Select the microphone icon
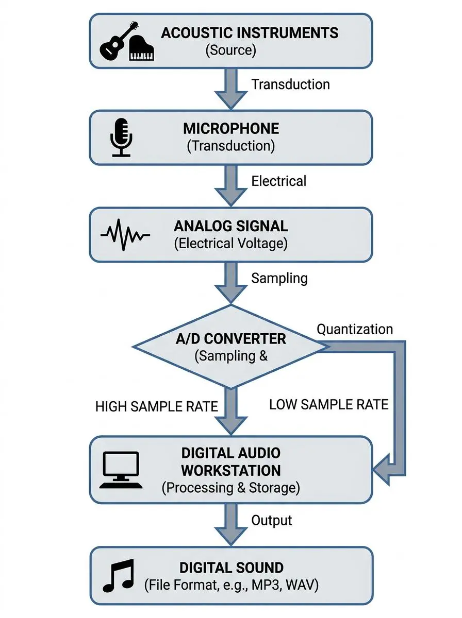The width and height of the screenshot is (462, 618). [122, 137]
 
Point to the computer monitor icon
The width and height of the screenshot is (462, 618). [121, 469]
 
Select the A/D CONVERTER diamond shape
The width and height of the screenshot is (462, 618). [230, 347]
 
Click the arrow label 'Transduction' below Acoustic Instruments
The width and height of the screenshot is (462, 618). [290, 84]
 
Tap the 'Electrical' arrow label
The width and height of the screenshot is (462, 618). [278, 181]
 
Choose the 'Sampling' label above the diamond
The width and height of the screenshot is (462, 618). [279, 278]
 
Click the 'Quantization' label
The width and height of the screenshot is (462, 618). [354, 329]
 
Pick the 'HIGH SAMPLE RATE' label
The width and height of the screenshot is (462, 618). [157, 406]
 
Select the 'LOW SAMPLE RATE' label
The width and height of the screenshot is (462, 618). [328, 405]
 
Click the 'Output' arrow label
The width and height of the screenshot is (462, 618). [271, 520]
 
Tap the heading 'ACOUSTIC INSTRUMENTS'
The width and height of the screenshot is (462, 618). [250, 33]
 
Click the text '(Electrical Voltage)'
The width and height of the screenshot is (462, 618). [230, 243]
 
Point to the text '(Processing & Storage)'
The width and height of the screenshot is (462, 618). [230, 487]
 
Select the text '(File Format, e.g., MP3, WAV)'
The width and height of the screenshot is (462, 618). [231, 585]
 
